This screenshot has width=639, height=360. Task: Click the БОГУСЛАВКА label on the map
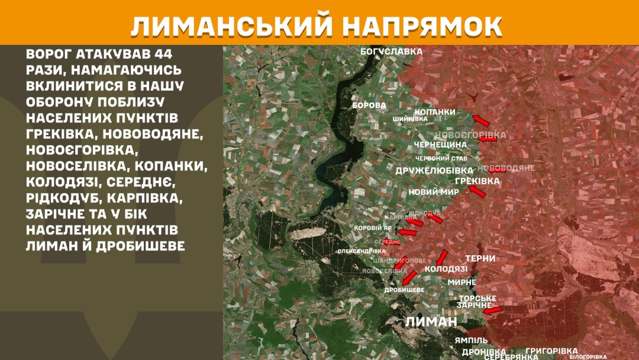tap(392, 52)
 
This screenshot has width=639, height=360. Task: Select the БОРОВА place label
tap(369, 105)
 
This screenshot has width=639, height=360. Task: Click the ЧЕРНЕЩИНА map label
tap(440, 144)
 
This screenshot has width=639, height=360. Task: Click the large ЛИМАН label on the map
tap(431, 322)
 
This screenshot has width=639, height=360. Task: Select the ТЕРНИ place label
tap(480, 259)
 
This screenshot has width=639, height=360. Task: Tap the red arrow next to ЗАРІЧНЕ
tap(492, 309)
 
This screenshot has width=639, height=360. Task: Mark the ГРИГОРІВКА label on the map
tap(551, 351)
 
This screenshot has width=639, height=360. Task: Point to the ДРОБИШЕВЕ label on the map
tap(404, 290)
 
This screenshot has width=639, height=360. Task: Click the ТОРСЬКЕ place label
tap(477, 298)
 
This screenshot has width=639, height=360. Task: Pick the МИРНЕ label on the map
tap(461, 282)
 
